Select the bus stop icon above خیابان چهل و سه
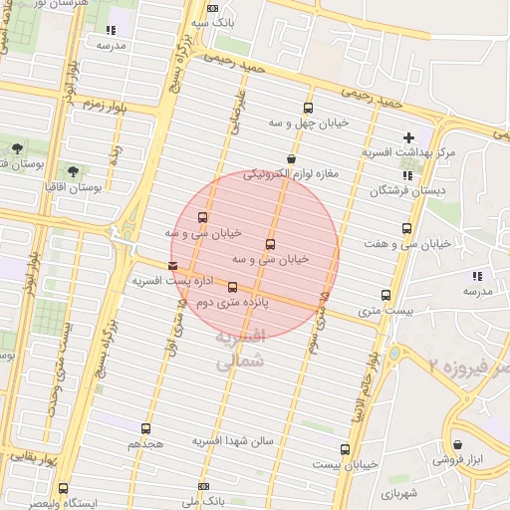pos(307,108)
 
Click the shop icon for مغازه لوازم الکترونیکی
pos(291,159)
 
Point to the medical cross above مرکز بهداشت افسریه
pos(407,137)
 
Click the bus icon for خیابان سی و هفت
pos(406,228)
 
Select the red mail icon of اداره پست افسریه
pos(174,266)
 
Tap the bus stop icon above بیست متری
pos(385,295)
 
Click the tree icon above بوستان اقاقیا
pos(73,171)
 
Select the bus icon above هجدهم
pos(146,428)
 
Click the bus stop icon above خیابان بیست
pos(345,449)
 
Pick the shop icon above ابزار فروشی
pos(457,445)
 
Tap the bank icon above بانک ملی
pos(205,487)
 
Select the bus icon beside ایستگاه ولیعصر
pos(64,489)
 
